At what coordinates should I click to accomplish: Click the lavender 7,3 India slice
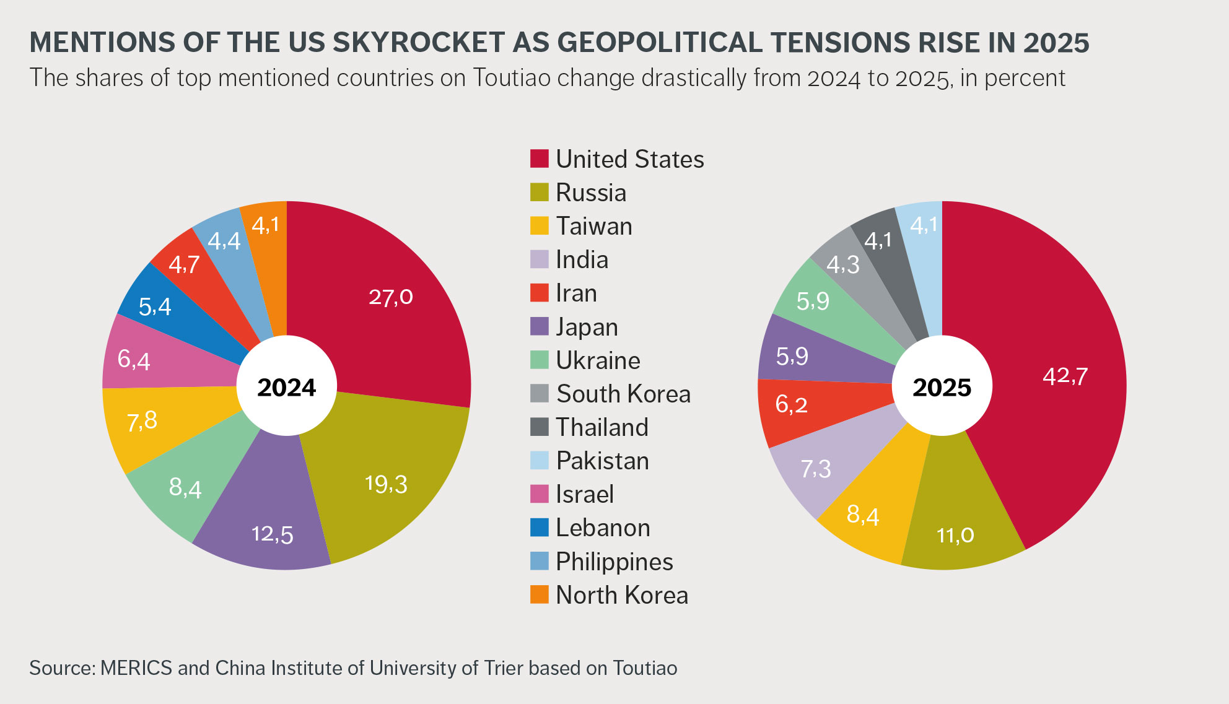click(x=815, y=469)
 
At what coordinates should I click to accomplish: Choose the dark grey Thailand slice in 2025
click(x=878, y=240)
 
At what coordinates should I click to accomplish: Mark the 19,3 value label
click(x=386, y=484)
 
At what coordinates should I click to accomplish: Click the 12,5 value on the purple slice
click(x=272, y=534)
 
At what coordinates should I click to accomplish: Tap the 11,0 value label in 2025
click(x=955, y=535)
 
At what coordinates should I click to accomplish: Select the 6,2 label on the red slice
click(x=791, y=404)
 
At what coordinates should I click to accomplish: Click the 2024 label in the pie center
click(x=287, y=388)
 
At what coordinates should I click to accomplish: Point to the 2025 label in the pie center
click(x=942, y=388)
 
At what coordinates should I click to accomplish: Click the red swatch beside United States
click(x=539, y=159)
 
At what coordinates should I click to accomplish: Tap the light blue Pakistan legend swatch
click(x=539, y=461)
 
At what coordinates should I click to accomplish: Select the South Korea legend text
click(x=623, y=394)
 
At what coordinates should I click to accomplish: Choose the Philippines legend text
click(x=614, y=562)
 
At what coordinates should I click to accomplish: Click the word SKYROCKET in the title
click(x=419, y=42)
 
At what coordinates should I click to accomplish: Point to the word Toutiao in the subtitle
click(x=512, y=78)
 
